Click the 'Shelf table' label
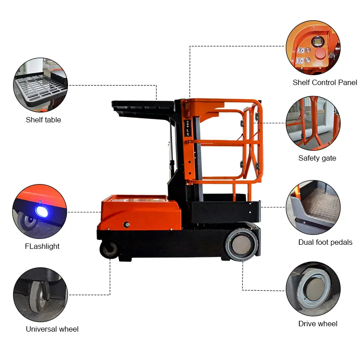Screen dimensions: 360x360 [x=43, y=120]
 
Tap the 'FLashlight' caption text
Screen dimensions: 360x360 [x=42, y=246]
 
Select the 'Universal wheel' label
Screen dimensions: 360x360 [x=52, y=329]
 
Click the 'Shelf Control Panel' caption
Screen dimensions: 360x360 [x=325, y=82]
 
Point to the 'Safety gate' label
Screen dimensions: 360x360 [x=317, y=158]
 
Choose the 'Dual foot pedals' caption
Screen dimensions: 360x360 [x=325, y=242]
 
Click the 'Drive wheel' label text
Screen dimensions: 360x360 [x=318, y=324]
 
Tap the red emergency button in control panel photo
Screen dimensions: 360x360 [x=320, y=53]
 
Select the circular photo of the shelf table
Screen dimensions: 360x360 [x=40, y=84]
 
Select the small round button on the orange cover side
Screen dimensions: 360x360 [x=127, y=224]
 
